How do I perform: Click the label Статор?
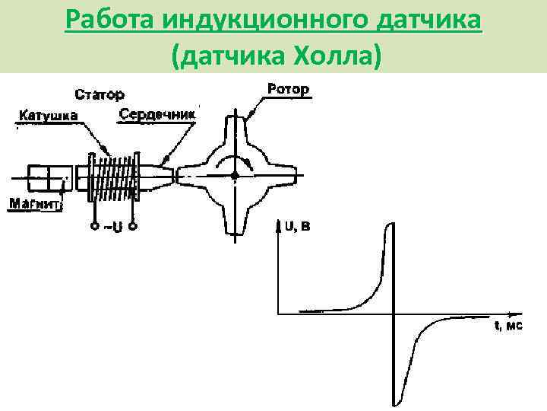click(98, 95)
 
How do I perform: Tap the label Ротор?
click(288, 90)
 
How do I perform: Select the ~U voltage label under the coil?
click(112, 227)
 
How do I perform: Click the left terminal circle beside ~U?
click(94, 226)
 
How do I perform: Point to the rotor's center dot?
click(235, 175)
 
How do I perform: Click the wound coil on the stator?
click(115, 176)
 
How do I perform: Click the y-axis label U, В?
click(297, 226)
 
